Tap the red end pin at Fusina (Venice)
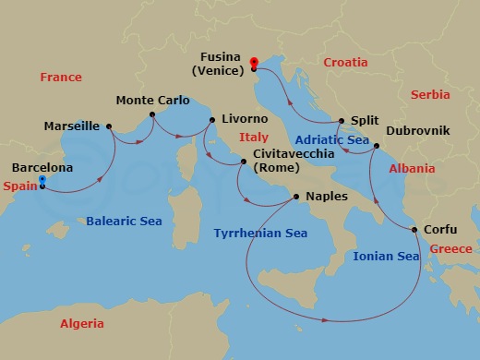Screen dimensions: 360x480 (x=253, y=63)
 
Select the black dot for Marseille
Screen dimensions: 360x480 (x=109, y=126)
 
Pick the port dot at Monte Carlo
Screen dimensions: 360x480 (x=153, y=117)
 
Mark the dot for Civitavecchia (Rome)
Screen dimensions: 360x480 (x=243, y=162)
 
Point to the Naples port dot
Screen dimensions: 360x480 (x=295, y=197)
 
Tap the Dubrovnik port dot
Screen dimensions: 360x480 (x=377, y=146)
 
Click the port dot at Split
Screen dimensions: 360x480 (x=342, y=121)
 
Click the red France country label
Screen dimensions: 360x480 (x=61, y=78)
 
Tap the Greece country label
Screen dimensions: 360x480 (x=450, y=249)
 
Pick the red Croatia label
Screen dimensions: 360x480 (x=346, y=62)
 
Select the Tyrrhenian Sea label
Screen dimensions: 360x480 (x=260, y=234)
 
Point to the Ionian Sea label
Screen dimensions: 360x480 (x=386, y=257)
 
